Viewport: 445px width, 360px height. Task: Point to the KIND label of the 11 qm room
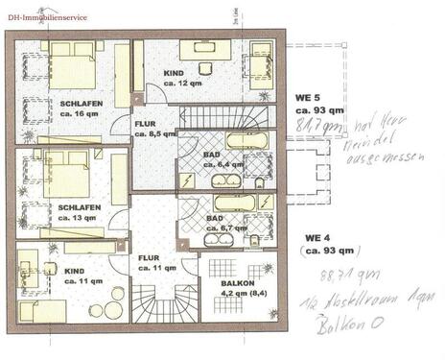pos(77,272)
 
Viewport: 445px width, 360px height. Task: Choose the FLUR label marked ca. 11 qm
pos(149,257)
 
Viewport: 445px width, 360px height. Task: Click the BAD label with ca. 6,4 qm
pos(215,153)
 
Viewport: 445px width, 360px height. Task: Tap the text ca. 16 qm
pos(56,115)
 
